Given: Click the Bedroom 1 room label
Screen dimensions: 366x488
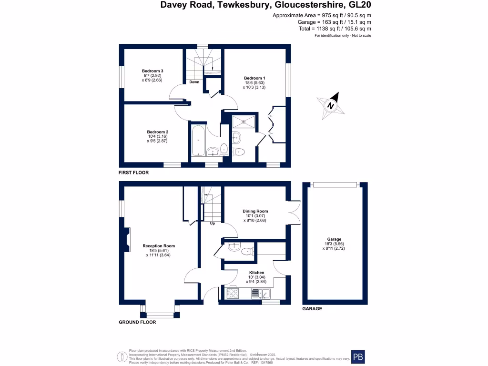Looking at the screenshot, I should click(254, 78).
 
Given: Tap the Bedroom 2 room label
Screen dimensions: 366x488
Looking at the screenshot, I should click(157, 132).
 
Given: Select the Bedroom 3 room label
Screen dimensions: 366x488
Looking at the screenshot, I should click(152, 71).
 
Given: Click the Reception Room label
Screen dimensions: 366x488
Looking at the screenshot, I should click(159, 246).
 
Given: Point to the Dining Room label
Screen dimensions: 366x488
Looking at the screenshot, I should click(255, 211).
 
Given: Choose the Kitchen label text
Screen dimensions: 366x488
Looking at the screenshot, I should click(256, 273).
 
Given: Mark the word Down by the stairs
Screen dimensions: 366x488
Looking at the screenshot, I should click(194, 82).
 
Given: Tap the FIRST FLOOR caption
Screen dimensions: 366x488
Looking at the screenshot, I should click(134, 173).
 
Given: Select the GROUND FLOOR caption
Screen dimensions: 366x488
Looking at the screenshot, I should click(137, 322).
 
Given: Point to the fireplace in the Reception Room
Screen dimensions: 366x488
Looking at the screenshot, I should click(127, 240).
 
